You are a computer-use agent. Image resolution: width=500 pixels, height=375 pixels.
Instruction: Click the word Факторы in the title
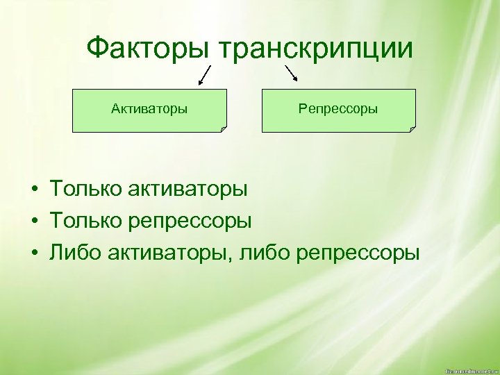(149, 49)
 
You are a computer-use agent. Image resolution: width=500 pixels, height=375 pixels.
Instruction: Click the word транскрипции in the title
(316, 49)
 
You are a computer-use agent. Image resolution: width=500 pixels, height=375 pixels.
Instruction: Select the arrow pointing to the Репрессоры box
(291, 72)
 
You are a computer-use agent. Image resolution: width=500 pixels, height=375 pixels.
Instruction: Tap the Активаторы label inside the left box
(149, 109)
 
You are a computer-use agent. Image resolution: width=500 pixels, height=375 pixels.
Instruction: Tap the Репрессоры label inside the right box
(338, 109)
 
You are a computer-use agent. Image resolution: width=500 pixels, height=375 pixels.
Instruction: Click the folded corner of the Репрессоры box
(412, 128)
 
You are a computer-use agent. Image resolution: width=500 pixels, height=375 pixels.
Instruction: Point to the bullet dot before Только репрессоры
(33, 222)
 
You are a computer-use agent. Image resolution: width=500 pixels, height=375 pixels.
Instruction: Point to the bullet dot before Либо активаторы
(33, 253)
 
